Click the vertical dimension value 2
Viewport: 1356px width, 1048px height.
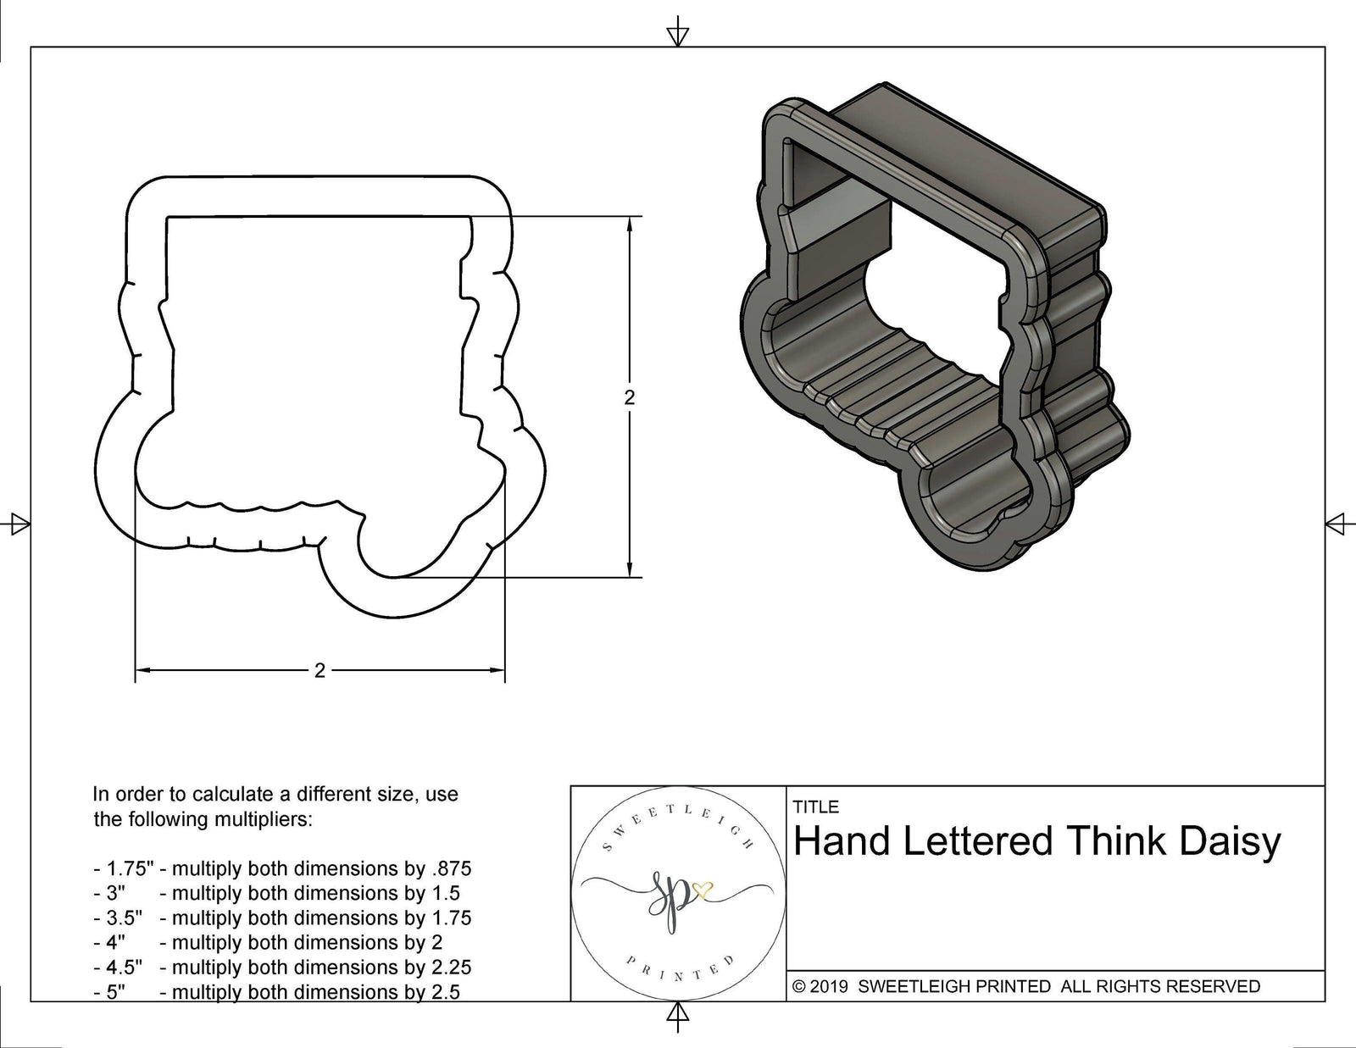(629, 397)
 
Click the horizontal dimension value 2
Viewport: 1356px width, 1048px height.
(320, 671)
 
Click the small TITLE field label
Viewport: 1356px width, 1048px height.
(815, 807)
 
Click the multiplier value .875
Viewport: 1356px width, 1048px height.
(452, 868)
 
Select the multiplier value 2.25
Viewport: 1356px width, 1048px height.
(452, 968)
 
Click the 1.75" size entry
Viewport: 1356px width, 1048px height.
(130, 868)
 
